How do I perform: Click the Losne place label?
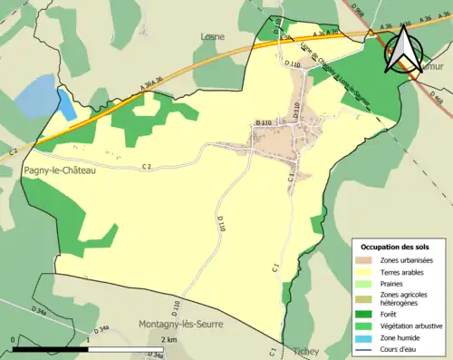[213, 37]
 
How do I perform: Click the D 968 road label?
[357, 11]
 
